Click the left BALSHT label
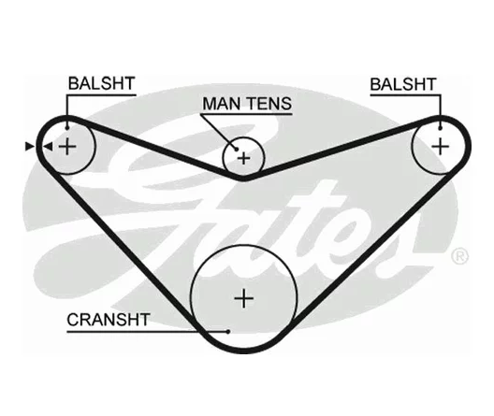point(101,83)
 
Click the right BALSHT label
point(403,84)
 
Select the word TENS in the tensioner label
point(269,104)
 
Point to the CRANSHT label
point(109,320)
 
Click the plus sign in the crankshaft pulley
point(244,298)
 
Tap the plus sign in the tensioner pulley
point(243,158)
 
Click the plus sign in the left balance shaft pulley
point(67,147)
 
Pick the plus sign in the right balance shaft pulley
point(440,147)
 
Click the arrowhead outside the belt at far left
point(29,147)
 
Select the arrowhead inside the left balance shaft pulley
point(49,147)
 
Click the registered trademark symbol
point(460,256)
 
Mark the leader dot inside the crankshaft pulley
point(228,331)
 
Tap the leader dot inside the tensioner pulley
point(237,150)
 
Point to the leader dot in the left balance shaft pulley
point(67,128)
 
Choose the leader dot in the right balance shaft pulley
point(440,128)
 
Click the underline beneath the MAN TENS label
point(247,114)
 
